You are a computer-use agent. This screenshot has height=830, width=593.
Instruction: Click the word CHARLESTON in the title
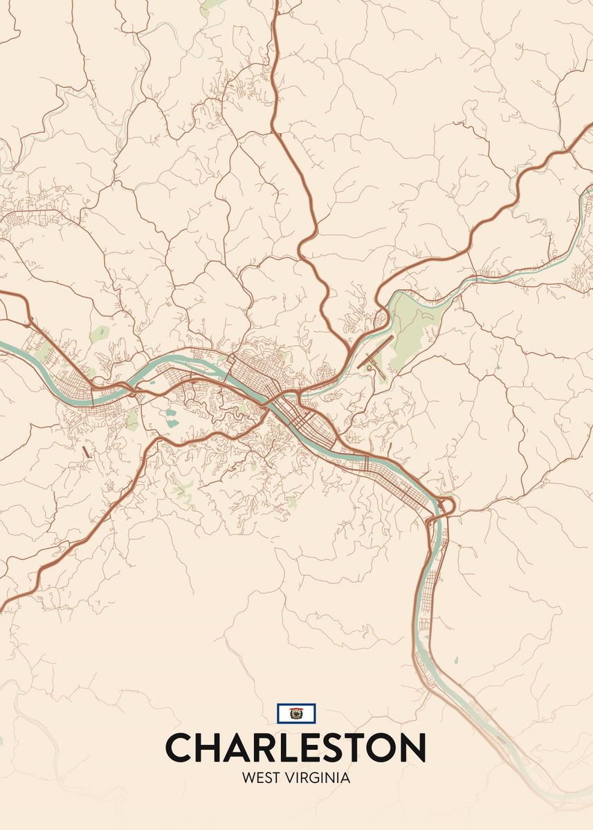pyautogui.click(x=295, y=748)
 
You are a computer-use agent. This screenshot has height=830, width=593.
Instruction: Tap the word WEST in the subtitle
pyautogui.click(x=260, y=778)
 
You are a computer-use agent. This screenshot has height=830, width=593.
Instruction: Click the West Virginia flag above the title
pyautogui.click(x=296, y=713)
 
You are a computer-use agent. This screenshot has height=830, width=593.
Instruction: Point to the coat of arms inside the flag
pyautogui.click(x=296, y=713)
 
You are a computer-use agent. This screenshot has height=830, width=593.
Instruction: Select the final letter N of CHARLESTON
pyautogui.click(x=412, y=748)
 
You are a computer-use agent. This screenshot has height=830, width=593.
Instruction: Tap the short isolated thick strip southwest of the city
pyautogui.click(x=85, y=452)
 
